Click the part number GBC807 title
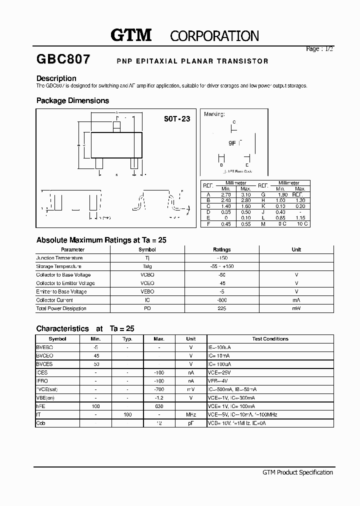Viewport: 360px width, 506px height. pyautogui.click(x=63, y=60)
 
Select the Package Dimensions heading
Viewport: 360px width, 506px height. pyautogui.click(x=72, y=100)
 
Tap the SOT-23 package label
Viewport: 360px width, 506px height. pyautogui.click(x=177, y=119)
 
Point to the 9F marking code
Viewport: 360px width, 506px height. pyautogui.click(x=232, y=142)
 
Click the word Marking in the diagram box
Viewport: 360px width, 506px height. pyautogui.click(x=214, y=114)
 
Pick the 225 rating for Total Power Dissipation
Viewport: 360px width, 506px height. pyautogui.click(x=221, y=308)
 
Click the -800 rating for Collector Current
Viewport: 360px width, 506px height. pyautogui.click(x=221, y=300)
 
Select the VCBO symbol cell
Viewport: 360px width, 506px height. pyautogui.click(x=147, y=275)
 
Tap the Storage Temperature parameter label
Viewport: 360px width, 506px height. pyautogui.click(x=59, y=266)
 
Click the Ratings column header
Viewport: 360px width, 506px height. pyautogui.click(x=221, y=249)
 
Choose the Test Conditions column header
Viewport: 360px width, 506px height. pyautogui.click(x=270, y=338)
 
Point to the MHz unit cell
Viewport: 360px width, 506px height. pyautogui.click(x=190, y=414)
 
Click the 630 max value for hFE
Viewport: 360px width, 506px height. pyautogui.click(x=159, y=406)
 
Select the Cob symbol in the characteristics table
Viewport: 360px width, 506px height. pyautogui.click(x=40, y=423)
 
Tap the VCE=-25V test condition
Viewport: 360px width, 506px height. pyautogui.click(x=220, y=372)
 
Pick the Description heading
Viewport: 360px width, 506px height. pyautogui.click(x=56, y=78)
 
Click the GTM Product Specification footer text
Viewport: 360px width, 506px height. pyautogui.click(x=297, y=472)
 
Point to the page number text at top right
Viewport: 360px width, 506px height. pyautogui.click(x=319, y=49)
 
